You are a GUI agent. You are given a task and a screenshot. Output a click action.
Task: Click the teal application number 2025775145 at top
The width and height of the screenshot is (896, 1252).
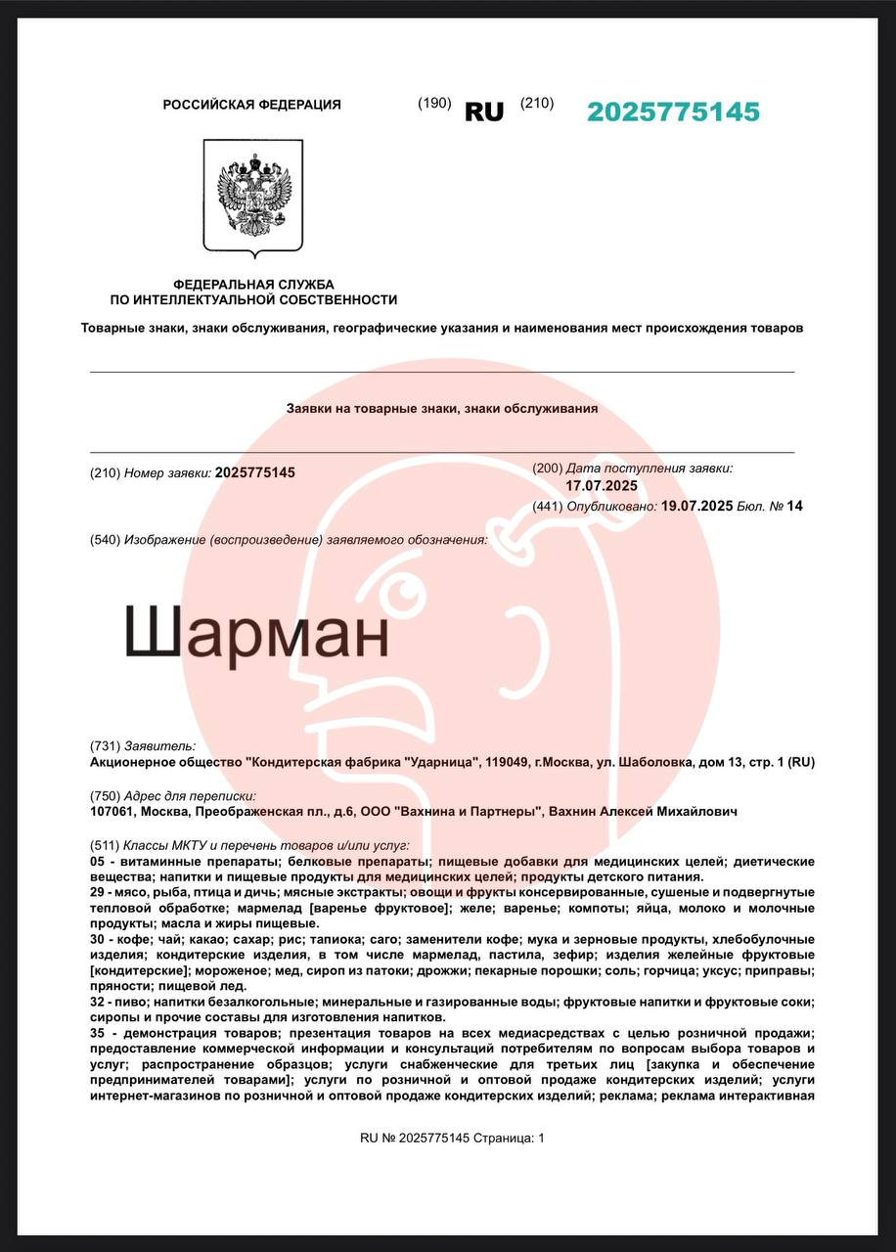point(673,112)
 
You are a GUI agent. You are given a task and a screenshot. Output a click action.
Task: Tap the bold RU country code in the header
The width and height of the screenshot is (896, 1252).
point(483,112)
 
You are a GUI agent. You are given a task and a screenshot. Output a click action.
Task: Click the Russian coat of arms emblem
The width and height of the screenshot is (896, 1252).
point(252,197)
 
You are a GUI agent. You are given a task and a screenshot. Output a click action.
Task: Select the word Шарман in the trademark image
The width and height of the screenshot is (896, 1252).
point(257,635)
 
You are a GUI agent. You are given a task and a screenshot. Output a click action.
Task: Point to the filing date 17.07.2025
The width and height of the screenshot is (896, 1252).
point(602,486)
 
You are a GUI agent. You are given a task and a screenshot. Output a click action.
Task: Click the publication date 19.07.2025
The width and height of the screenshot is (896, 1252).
point(696,506)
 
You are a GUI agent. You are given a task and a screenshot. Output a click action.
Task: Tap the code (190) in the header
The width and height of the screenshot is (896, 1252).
point(434,104)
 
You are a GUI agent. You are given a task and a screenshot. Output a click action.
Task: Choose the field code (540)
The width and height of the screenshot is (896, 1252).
point(105,540)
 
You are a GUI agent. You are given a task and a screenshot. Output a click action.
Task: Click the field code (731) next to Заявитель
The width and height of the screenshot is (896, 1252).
point(105,746)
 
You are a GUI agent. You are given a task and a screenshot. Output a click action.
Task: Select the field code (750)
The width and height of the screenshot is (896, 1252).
point(105,796)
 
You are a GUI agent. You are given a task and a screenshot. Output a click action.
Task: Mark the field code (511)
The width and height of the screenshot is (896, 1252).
point(104,845)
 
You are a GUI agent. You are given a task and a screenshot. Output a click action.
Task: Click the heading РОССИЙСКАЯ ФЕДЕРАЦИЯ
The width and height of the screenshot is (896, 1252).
point(251,105)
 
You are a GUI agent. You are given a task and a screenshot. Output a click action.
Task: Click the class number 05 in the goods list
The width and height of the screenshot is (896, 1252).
point(97,861)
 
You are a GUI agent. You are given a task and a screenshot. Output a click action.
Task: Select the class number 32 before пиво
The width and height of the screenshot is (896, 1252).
point(97,1002)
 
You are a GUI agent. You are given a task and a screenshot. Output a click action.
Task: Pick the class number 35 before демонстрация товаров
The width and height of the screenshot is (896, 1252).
point(97,1034)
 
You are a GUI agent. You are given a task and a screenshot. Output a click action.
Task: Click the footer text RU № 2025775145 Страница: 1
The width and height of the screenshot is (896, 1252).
point(452,1138)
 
